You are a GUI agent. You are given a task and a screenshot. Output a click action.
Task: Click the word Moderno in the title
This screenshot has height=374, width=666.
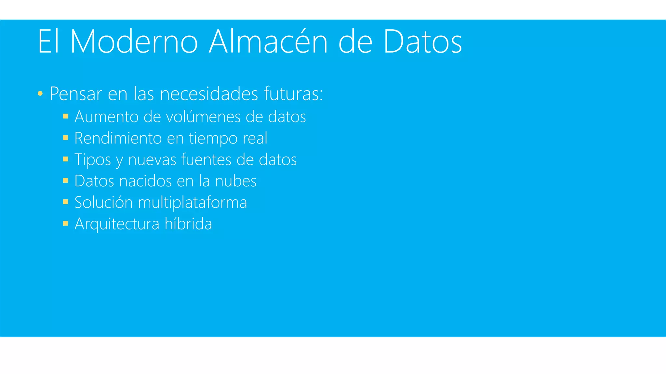[134, 42]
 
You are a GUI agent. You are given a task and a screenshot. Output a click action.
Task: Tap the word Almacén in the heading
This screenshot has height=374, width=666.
[268, 42]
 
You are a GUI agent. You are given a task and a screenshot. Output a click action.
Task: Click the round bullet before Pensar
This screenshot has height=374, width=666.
[40, 94]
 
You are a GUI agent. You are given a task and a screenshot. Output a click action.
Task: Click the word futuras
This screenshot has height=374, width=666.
[293, 94]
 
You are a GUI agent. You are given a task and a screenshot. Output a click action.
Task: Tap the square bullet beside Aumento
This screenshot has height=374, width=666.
[66, 116]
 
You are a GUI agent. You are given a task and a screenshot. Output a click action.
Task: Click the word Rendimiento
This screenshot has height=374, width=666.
[118, 138]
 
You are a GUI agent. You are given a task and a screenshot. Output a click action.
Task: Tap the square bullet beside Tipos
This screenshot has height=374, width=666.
[66, 159]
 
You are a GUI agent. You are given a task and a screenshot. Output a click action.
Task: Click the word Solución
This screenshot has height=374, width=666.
[103, 202]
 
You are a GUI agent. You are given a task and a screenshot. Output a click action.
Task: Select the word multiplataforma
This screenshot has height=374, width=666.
[193, 203]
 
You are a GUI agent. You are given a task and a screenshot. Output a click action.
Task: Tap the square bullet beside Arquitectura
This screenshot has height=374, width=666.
[66, 223]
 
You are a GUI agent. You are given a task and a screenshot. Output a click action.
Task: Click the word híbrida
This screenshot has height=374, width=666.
[188, 224]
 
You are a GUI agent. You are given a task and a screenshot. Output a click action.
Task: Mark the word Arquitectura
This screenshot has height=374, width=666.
[117, 224]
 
